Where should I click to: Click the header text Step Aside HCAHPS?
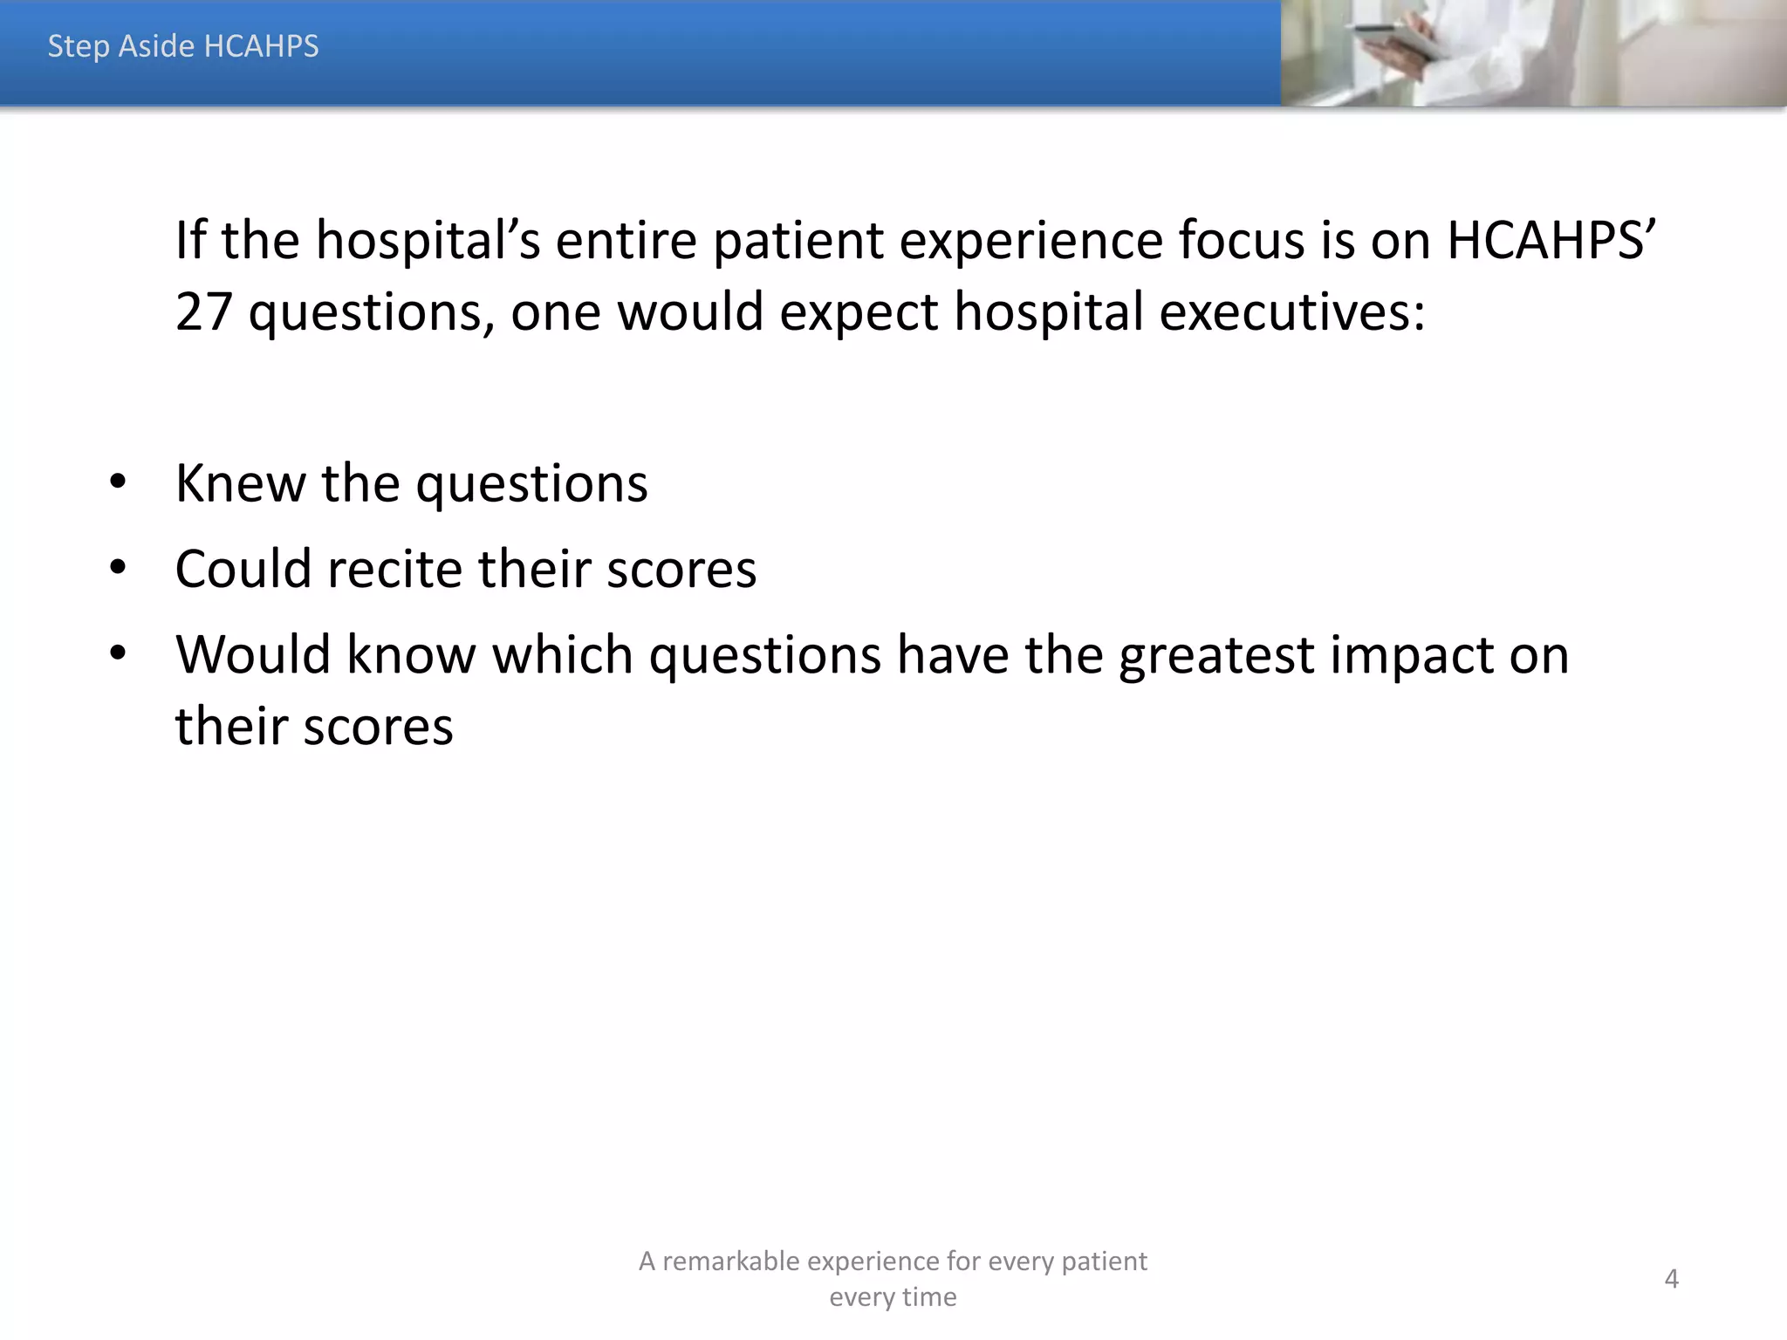tap(183, 46)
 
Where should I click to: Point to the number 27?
tap(203, 311)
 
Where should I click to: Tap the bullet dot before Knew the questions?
tap(118, 482)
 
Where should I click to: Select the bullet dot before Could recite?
tap(118, 568)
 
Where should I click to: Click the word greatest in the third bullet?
tap(1216, 656)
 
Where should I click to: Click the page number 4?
tap(1671, 1279)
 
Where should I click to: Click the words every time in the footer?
tap(893, 1297)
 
